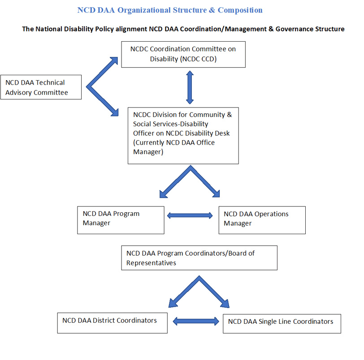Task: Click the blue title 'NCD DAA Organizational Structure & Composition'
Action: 170,10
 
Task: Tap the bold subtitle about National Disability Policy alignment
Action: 183,29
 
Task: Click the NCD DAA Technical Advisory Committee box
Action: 41,87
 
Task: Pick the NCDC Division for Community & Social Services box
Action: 183,135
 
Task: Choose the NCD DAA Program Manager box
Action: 121,220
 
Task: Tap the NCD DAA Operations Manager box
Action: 262,220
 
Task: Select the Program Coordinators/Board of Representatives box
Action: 199,258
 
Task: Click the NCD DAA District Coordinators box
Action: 112,323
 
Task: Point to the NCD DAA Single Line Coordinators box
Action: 282,323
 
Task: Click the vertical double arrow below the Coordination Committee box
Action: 190,87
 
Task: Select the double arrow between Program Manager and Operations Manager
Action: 190,215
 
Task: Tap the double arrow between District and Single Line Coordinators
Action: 195,321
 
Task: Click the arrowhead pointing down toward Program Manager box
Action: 164,193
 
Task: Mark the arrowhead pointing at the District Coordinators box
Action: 173,303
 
